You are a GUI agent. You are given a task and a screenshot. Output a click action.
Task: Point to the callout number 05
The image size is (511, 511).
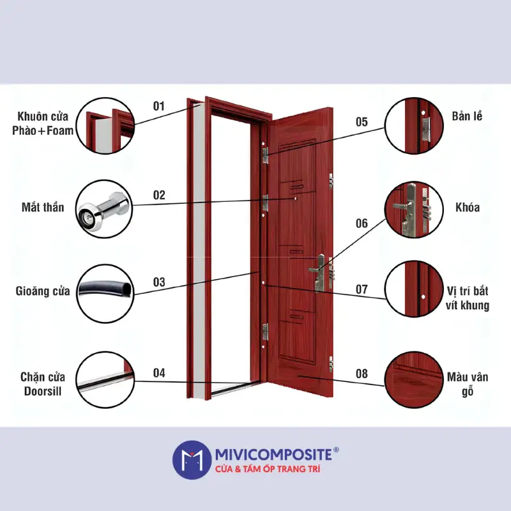(362, 122)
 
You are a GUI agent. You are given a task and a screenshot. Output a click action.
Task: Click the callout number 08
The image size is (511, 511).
(362, 374)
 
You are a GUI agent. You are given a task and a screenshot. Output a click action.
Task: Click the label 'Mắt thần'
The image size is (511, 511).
(43, 207)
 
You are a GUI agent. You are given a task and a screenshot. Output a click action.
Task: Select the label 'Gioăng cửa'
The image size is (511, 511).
(43, 291)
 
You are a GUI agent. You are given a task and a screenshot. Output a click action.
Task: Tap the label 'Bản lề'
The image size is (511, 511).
(466, 116)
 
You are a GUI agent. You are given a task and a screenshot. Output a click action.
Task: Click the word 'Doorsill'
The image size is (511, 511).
(43, 391)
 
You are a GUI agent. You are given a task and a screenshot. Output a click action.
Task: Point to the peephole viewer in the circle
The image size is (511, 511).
(102, 209)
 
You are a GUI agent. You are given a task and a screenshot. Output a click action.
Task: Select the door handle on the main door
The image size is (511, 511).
(317, 266)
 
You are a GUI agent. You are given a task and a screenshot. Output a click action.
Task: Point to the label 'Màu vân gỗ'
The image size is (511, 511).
(467, 385)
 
